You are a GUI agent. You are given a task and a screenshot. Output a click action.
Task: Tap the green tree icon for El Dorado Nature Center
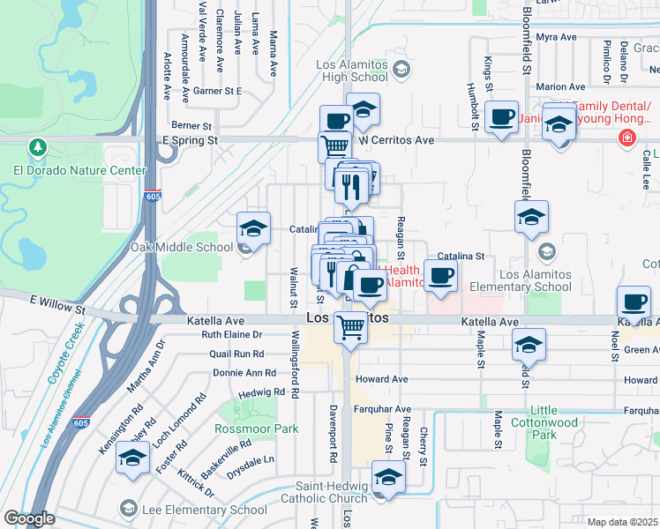click(x=37, y=146)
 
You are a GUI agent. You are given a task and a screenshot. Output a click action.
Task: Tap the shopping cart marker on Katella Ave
click(x=351, y=329)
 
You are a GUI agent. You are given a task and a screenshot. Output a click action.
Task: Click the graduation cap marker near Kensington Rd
click(x=132, y=458)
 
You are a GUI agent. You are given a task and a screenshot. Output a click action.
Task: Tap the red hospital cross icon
click(x=626, y=138)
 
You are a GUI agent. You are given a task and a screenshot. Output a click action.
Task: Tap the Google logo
click(x=28, y=518)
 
